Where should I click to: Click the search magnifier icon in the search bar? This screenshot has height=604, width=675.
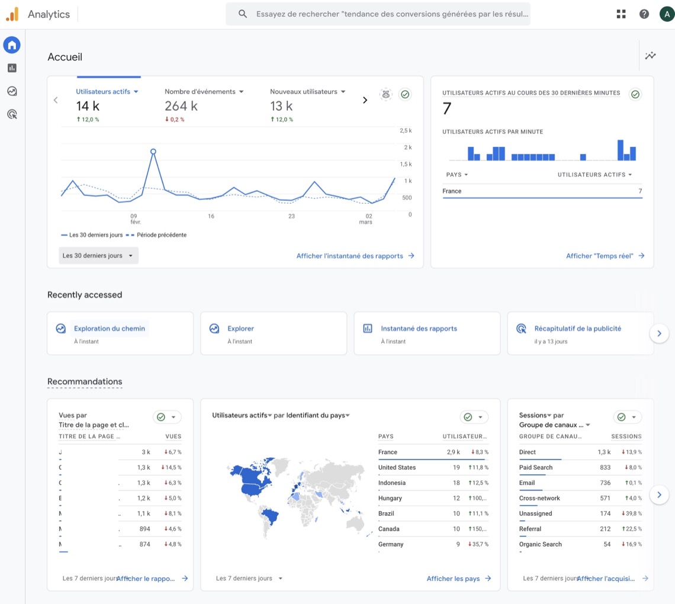tap(243, 14)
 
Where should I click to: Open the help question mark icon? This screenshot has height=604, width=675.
tap(644, 14)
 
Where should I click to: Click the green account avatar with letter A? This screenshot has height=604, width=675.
tap(667, 14)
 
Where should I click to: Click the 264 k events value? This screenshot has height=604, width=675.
tap(181, 106)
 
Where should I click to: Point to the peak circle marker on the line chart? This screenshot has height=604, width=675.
tap(153, 152)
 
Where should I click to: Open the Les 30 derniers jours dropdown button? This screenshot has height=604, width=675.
tap(98, 256)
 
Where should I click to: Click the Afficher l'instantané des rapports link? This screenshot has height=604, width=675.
tap(355, 256)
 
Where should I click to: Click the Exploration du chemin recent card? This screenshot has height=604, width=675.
tap(110, 329)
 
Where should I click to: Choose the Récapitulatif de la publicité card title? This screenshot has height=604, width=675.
tap(577, 329)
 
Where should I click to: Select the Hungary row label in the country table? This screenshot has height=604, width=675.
tap(390, 498)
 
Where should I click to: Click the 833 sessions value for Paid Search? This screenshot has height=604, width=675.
tap(605, 467)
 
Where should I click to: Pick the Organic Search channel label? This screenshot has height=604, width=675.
tap(540, 544)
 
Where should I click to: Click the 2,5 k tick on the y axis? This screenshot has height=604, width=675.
tap(406, 130)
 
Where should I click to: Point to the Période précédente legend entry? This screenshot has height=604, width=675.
tap(161, 235)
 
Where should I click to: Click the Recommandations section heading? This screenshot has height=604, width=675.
tap(85, 381)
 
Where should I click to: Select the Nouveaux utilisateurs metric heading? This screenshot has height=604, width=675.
tap(303, 92)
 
